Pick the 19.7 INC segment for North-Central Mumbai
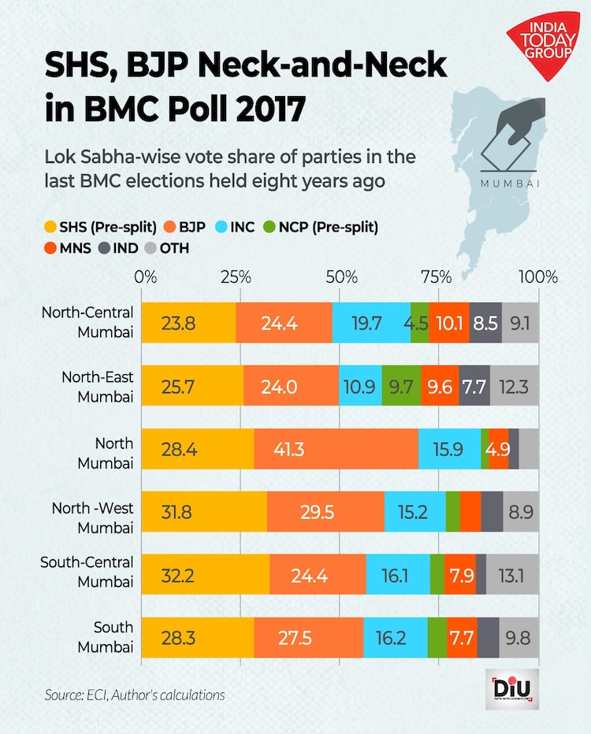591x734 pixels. [371, 322]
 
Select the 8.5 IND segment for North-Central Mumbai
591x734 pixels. [485, 322]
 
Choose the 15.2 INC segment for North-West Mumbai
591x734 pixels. [414, 512]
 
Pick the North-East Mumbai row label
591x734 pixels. [98, 386]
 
